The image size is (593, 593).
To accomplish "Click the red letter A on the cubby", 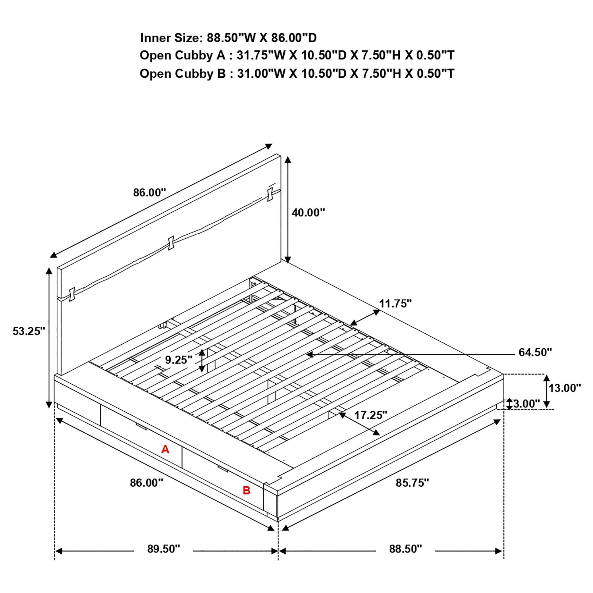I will (165, 449).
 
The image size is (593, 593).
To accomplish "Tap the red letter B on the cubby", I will (247, 491).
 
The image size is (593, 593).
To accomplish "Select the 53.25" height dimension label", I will (29, 331).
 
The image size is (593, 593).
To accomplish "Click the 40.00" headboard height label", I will (308, 212).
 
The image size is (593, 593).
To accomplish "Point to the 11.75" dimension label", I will (395, 304).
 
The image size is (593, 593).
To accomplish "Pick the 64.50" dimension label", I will (535, 352).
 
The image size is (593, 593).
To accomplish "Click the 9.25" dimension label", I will (179, 359).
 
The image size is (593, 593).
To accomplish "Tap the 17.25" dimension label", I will (371, 415).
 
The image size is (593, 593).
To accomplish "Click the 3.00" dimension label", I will (526, 404).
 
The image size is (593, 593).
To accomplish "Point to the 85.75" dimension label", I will (412, 483).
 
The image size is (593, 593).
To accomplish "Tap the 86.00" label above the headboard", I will (150, 193).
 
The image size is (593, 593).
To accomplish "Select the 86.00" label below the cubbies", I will (146, 483).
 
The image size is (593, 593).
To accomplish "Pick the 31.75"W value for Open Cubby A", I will (261, 55).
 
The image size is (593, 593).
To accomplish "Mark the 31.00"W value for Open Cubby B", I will (261, 74).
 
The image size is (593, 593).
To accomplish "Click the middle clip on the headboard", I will (171, 243).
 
